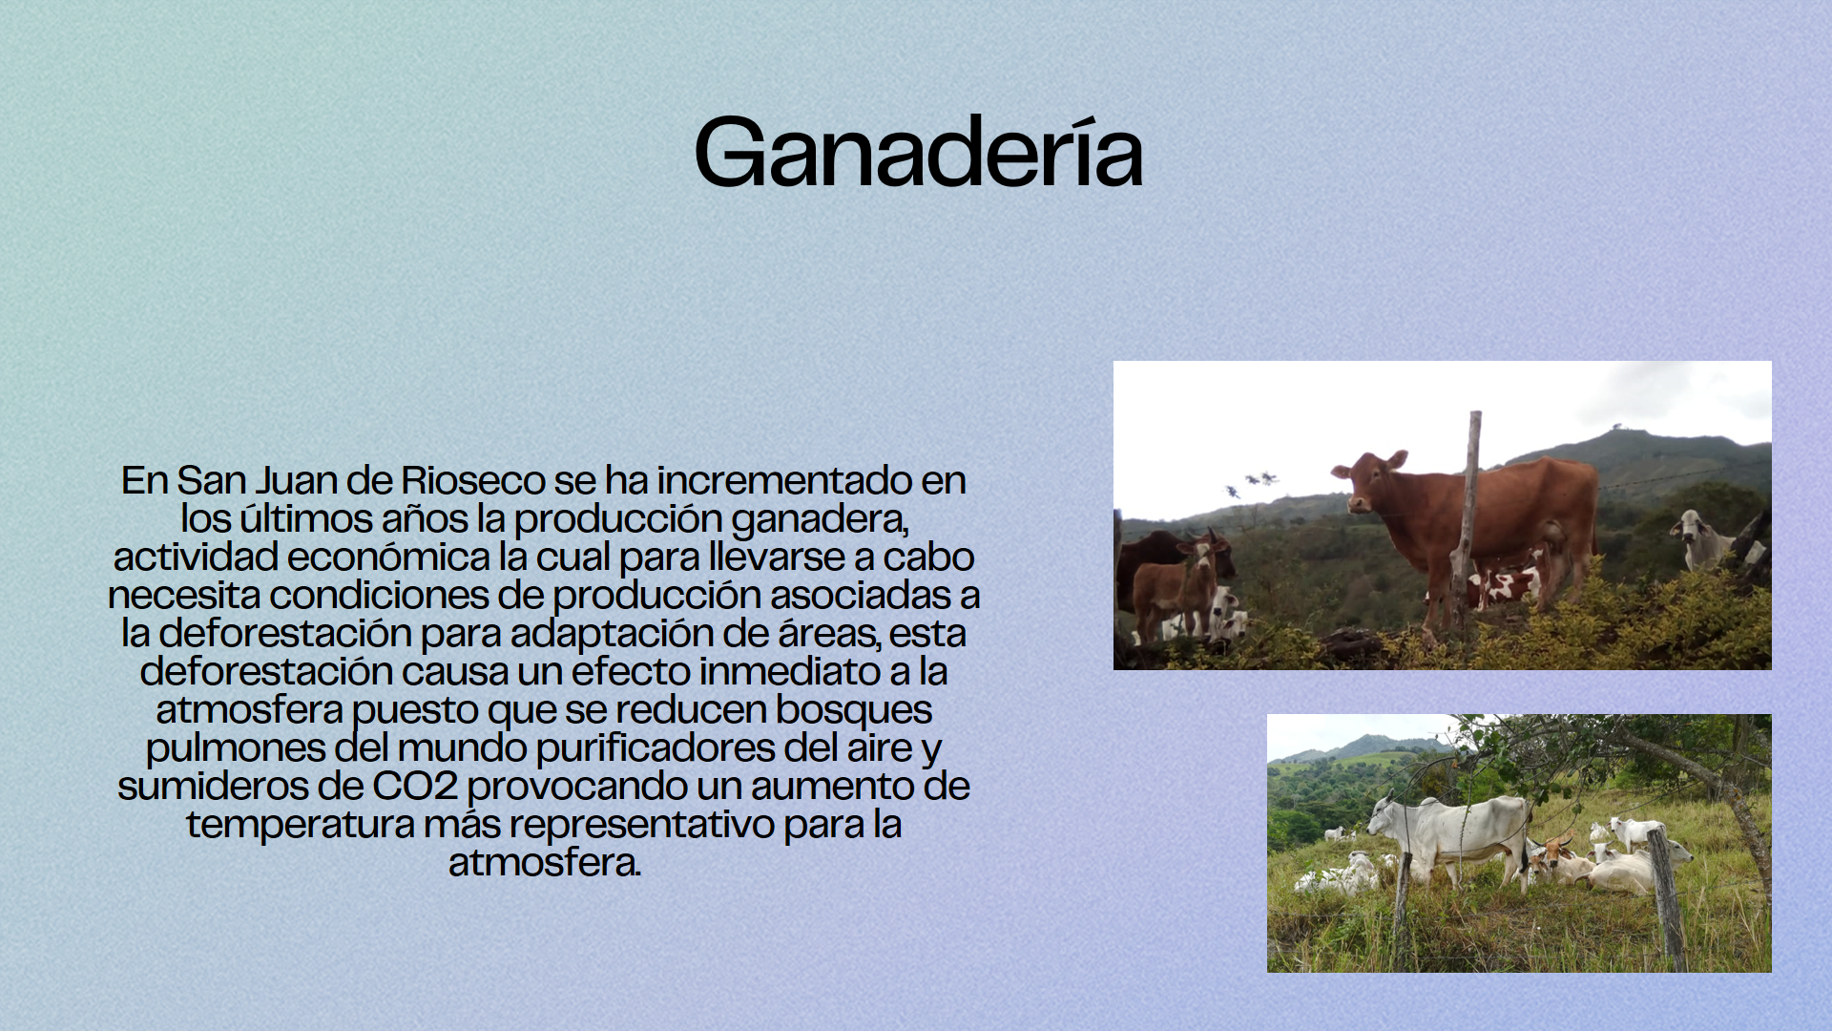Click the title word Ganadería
pos(918,153)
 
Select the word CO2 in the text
pos(415,787)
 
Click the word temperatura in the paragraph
pos(301,825)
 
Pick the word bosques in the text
pos(854,710)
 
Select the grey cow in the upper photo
pos(1703,538)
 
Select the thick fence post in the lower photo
pos(1667,897)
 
